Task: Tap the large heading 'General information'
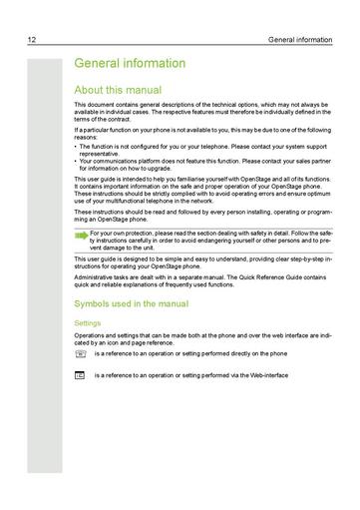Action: click(130, 64)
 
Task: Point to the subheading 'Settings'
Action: click(88, 322)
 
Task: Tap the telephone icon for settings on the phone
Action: click(80, 353)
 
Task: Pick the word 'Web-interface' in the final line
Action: click(266, 374)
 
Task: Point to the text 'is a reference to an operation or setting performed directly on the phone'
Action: click(190, 353)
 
